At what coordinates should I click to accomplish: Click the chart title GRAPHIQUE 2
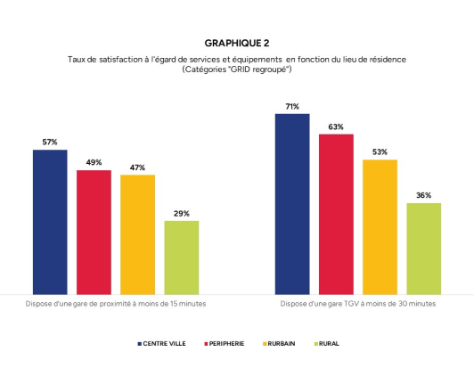[x=236, y=42]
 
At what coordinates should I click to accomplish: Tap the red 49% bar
[x=94, y=231]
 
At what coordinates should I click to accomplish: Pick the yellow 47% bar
[x=137, y=233]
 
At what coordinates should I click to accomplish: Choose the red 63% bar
[x=336, y=213]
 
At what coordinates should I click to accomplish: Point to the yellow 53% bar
[x=380, y=226]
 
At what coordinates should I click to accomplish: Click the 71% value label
[x=292, y=107]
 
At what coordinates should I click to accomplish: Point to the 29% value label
[x=181, y=214]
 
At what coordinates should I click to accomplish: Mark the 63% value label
[x=336, y=127]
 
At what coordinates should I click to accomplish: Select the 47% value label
[x=137, y=168]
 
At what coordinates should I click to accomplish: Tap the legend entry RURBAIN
[x=284, y=343]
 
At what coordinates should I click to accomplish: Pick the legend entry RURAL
[x=326, y=343]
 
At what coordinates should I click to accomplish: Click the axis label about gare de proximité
[x=115, y=304]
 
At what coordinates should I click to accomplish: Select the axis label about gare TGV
[x=358, y=304]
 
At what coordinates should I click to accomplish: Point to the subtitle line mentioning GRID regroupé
[x=236, y=69]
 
